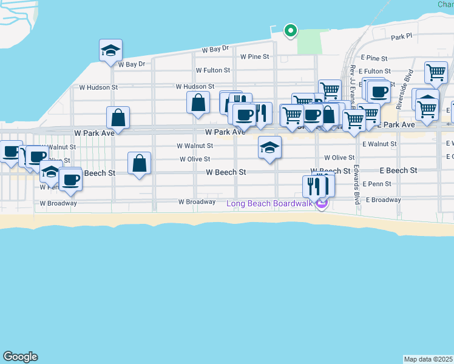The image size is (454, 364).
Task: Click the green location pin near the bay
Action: [x=291, y=30]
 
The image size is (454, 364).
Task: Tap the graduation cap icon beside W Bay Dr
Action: [x=110, y=50]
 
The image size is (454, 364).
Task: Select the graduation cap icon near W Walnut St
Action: [x=269, y=147]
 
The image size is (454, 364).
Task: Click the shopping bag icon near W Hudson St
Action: [x=198, y=103]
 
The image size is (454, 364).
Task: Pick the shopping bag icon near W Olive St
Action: [x=140, y=163]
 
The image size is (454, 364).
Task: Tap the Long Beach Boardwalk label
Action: [x=269, y=203]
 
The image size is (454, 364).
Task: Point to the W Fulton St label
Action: [x=212, y=70]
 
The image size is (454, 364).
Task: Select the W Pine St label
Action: [x=254, y=56]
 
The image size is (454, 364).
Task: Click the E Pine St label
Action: [x=373, y=58]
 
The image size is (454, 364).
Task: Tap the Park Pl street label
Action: [x=401, y=37]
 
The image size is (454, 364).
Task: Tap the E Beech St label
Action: [x=398, y=170]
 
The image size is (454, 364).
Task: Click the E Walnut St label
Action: [x=379, y=144]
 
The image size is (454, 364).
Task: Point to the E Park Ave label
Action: [x=396, y=124]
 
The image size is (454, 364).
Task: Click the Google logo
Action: [x=20, y=357]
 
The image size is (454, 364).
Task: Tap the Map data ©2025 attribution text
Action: [x=429, y=359]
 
